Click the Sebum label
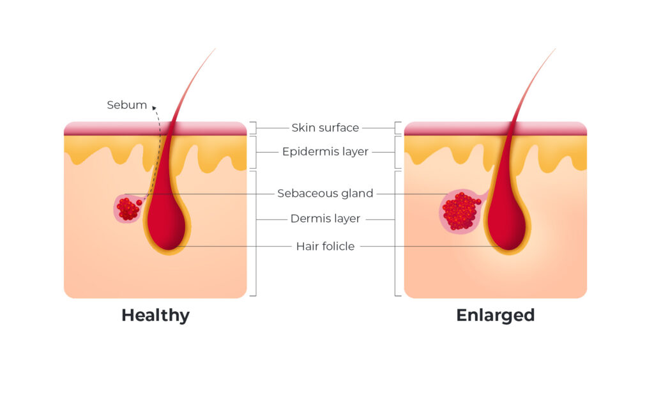126,105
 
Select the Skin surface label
325,128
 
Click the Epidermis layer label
325,152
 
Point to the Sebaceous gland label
325,193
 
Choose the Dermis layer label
325,219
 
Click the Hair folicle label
325,246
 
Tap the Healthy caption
155,315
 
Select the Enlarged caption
495,315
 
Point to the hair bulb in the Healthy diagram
167,224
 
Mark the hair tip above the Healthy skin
214,50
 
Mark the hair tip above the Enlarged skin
554,50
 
